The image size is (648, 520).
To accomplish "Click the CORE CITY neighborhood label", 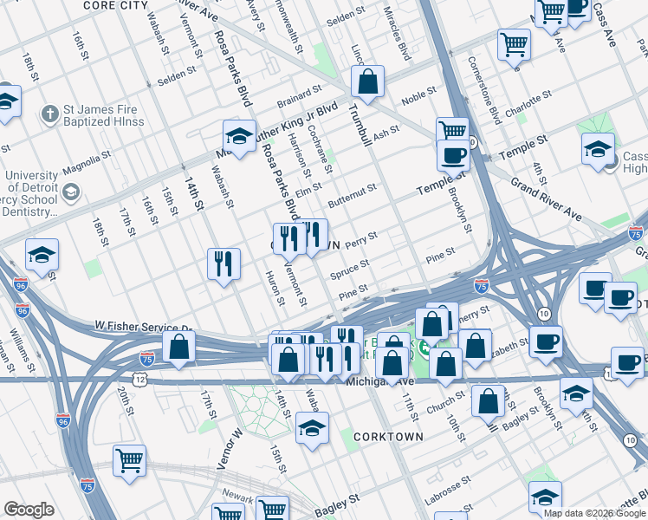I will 114,5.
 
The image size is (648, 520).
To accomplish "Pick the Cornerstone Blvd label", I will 484,91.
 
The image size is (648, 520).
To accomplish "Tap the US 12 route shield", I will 139,380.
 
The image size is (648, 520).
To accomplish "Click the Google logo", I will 29,510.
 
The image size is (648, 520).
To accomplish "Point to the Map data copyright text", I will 594,513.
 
